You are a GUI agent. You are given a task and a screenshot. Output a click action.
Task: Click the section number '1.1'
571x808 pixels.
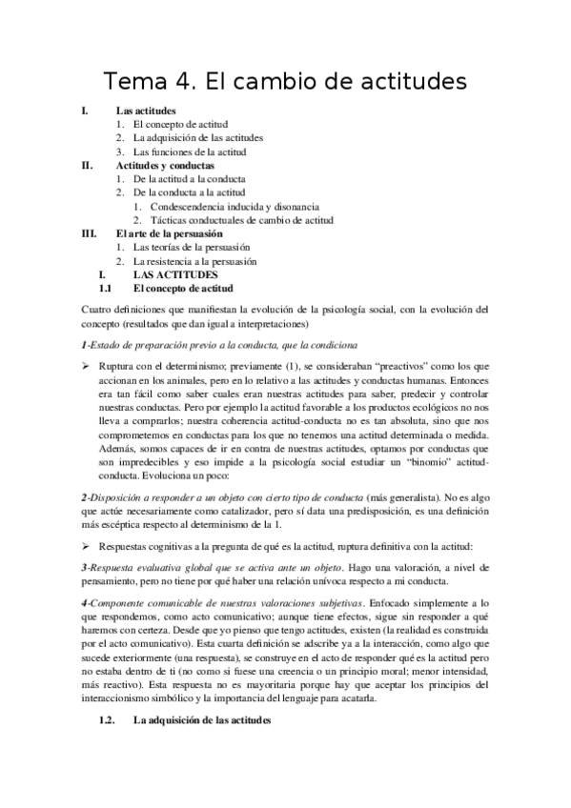[106, 288]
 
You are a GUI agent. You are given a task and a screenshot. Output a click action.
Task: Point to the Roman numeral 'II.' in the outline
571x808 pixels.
[88, 165]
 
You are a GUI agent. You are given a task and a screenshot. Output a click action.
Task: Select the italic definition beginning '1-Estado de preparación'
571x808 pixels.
[220, 343]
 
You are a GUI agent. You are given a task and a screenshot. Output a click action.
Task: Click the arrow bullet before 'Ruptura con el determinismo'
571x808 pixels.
[86, 366]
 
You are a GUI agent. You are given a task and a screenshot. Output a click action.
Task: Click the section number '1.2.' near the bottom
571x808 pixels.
[107, 746]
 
